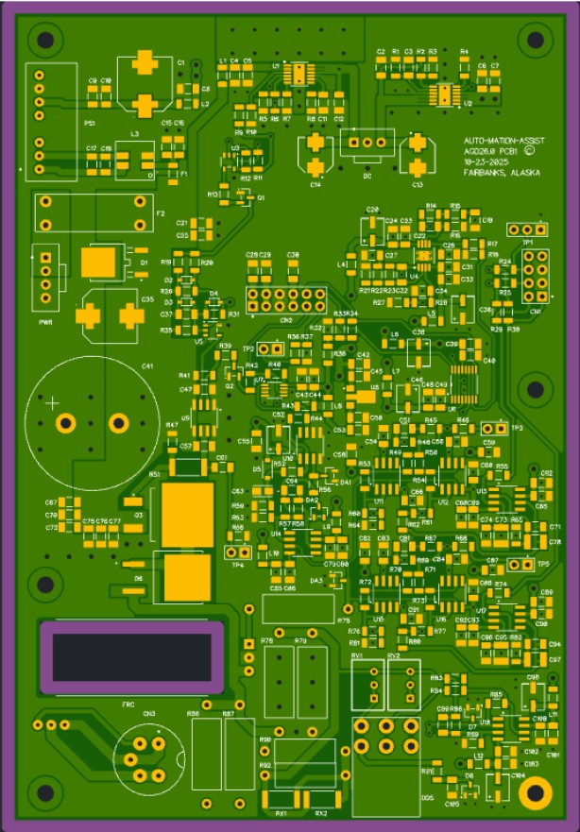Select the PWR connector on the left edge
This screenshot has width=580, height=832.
coord(43,275)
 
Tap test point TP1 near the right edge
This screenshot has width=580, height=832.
coord(527,229)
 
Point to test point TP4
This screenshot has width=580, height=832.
coord(235,552)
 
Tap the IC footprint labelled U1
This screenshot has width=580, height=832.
coord(299,75)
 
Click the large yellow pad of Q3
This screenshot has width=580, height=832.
coord(188,515)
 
